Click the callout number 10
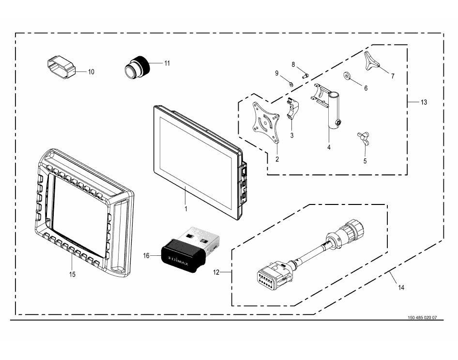(x=91, y=72)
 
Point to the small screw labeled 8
(x=305, y=76)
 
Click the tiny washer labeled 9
(x=291, y=84)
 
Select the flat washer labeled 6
(x=347, y=76)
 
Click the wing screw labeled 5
(x=363, y=138)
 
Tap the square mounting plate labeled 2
(x=265, y=123)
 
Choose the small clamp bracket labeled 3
(x=292, y=109)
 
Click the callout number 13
(x=424, y=102)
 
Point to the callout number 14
(x=401, y=288)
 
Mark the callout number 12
(x=216, y=272)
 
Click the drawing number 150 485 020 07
(x=422, y=318)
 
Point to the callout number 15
(x=72, y=274)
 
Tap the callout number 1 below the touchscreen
(x=186, y=209)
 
